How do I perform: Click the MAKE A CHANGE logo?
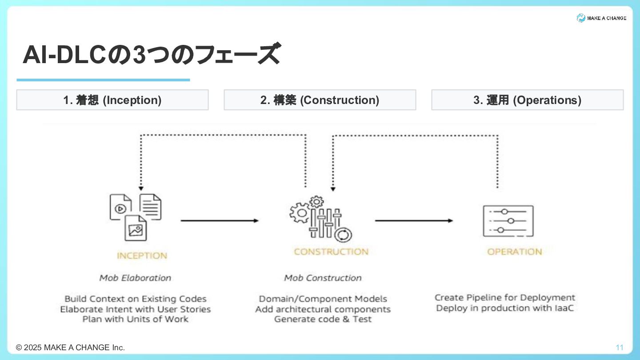pyautogui.click(x=601, y=18)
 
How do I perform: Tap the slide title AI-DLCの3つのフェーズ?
pyautogui.click(x=151, y=55)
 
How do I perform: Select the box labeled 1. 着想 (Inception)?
pyautogui.click(x=112, y=100)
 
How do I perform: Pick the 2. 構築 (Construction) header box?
pyautogui.click(x=320, y=100)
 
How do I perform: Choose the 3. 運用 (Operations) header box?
pyautogui.click(x=527, y=100)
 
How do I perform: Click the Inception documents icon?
pyautogui.click(x=135, y=217)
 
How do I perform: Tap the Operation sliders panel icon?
pyautogui.click(x=508, y=221)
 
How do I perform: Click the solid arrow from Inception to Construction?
pyautogui.click(x=220, y=220)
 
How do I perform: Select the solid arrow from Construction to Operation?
pyautogui.click(x=414, y=220)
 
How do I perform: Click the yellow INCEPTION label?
pyautogui.click(x=142, y=256)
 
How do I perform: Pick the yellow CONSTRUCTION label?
pyautogui.click(x=331, y=252)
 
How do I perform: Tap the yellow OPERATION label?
pyautogui.click(x=515, y=252)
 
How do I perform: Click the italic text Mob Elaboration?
pyautogui.click(x=135, y=278)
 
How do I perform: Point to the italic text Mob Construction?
pyautogui.click(x=323, y=278)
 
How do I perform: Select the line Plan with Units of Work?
pyautogui.click(x=135, y=319)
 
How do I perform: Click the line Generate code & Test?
pyautogui.click(x=323, y=319)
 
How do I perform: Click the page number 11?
pyautogui.click(x=620, y=348)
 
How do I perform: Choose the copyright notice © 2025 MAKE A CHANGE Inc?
pyautogui.click(x=70, y=348)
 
